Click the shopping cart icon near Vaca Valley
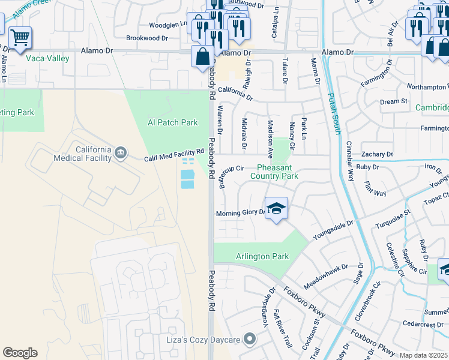[x=20, y=38]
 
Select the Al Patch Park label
[x=173, y=122]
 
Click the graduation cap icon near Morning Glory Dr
[x=276, y=208]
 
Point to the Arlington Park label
[x=262, y=256]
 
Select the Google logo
[x=20, y=353]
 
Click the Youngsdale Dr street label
[x=333, y=230]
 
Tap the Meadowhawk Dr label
[x=327, y=274]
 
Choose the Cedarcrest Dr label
[x=423, y=325]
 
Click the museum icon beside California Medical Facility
[x=121, y=153]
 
